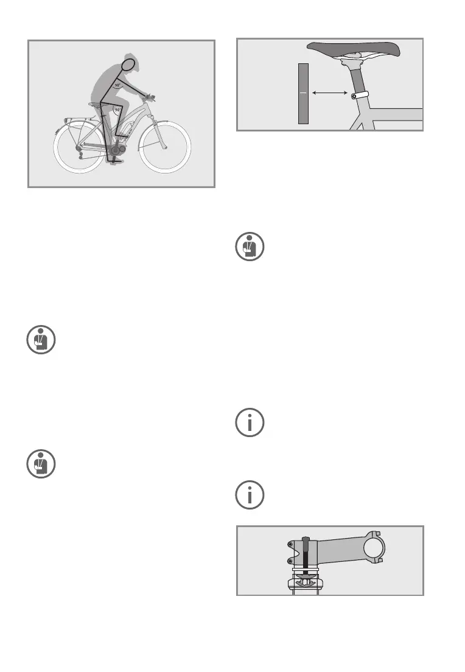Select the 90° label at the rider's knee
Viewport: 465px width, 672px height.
tap(116, 110)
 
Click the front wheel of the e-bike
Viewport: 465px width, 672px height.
tap(165, 148)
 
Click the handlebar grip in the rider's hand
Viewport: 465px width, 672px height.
tap(147, 95)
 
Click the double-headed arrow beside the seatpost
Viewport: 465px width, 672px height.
tap(329, 93)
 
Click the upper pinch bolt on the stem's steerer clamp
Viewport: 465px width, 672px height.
tap(290, 544)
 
